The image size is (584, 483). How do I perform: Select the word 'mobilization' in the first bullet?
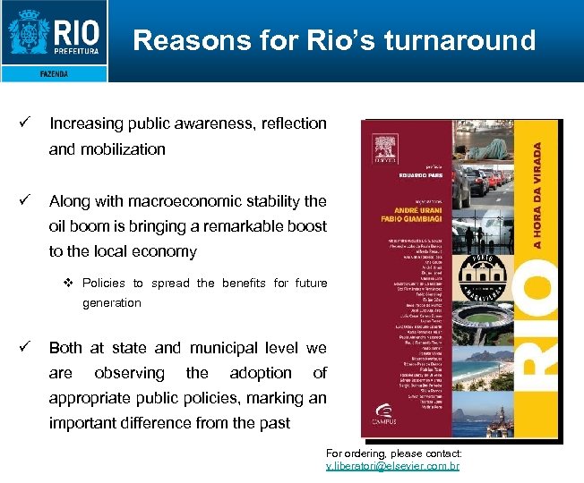(122, 149)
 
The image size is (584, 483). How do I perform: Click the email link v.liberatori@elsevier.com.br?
(392, 467)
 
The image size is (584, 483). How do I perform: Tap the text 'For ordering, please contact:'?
(393, 454)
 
